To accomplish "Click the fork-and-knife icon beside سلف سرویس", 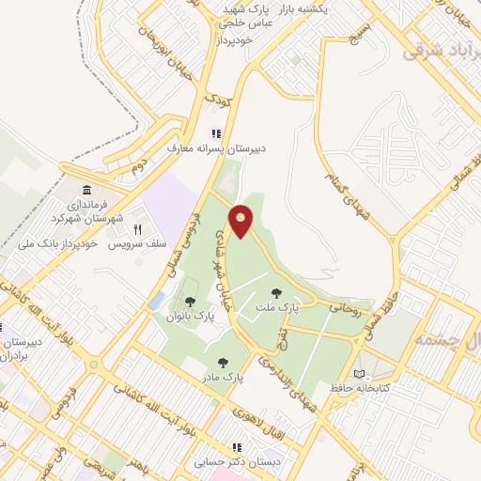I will (137, 228).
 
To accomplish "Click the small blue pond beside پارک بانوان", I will (157, 300).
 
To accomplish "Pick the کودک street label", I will (217, 100).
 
